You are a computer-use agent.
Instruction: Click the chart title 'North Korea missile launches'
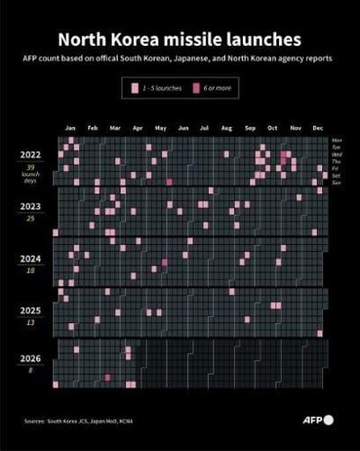point(180,40)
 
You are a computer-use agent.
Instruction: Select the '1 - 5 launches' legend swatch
point(133,88)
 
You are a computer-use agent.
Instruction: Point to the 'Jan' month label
point(70,129)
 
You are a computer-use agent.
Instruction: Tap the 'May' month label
point(160,129)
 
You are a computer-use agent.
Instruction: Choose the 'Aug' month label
point(227,129)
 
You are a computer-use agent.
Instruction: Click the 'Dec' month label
point(318,129)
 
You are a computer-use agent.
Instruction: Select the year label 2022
point(31,154)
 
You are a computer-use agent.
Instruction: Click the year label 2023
point(31,205)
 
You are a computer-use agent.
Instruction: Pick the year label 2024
point(31,257)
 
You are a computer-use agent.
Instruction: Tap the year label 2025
point(31,310)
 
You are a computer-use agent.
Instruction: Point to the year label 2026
point(31,357)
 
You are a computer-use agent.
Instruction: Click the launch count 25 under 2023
point(31,218)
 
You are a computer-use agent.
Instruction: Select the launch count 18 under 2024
point(31,270)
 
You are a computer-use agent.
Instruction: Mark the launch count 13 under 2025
point(31,322)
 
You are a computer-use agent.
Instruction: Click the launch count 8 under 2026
point(31,370)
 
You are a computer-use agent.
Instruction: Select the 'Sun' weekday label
point(337,182)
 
